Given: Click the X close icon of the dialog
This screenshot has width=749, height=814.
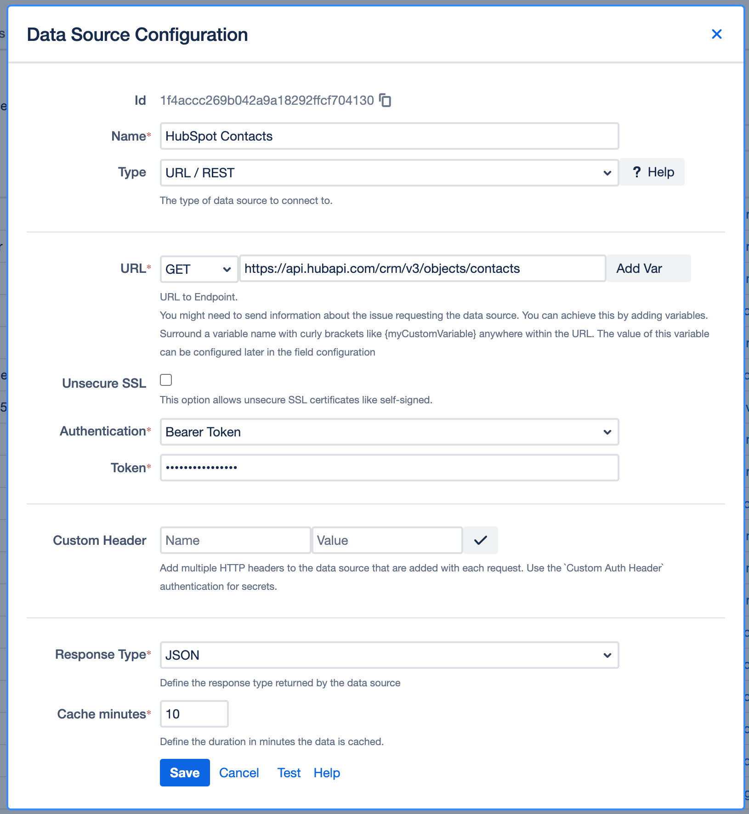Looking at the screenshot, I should [716, 34].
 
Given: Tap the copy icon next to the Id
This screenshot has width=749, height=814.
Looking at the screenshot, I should [385, 100].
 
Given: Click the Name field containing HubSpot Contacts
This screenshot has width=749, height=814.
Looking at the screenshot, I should [389, 136].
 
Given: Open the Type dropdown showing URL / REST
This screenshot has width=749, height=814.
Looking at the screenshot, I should [389, 173].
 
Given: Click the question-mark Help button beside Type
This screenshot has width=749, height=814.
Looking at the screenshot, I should [652, 172].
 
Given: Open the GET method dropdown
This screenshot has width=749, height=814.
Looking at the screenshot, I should [199, 269].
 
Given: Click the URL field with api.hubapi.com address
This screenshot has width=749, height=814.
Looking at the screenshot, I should [422, 269].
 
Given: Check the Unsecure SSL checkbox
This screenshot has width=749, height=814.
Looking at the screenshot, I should [166, 380].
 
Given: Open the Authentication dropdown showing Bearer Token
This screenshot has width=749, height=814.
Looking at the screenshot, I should [389, 432].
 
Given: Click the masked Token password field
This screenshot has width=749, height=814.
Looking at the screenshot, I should [389, 468].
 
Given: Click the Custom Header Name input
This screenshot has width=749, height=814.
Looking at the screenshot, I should [235, 540].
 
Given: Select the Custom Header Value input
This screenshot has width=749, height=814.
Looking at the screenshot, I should [387, 540].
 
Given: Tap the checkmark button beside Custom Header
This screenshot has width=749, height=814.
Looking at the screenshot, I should [480, 540].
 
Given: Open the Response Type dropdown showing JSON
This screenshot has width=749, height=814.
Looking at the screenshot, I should [389, 655].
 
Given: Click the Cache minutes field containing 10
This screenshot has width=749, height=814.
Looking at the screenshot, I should [194, 714].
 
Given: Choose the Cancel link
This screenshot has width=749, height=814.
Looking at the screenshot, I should [239, 773].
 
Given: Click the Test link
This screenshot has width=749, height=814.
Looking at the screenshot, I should [289, 773].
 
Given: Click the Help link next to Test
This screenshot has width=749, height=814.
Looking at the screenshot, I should [327, 773].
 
